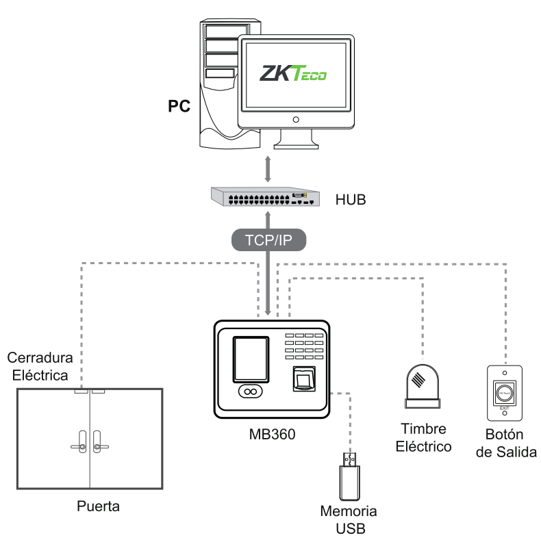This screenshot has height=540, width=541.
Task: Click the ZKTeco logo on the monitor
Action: pos(294,73)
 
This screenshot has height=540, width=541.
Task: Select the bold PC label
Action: pos(179,107)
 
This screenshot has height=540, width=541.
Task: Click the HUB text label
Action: pos(350,201)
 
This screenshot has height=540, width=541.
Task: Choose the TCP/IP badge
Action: pos(267,240)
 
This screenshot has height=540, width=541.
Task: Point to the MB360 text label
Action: pos(273,434)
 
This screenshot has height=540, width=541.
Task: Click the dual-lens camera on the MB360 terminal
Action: pos(251,391)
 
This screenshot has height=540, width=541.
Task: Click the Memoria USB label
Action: pos(349,519)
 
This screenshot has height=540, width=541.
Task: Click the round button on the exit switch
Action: pos(505,394)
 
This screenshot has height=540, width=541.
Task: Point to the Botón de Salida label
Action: pos(505,444)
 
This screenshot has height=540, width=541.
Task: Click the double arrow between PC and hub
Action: pos(268,168)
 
